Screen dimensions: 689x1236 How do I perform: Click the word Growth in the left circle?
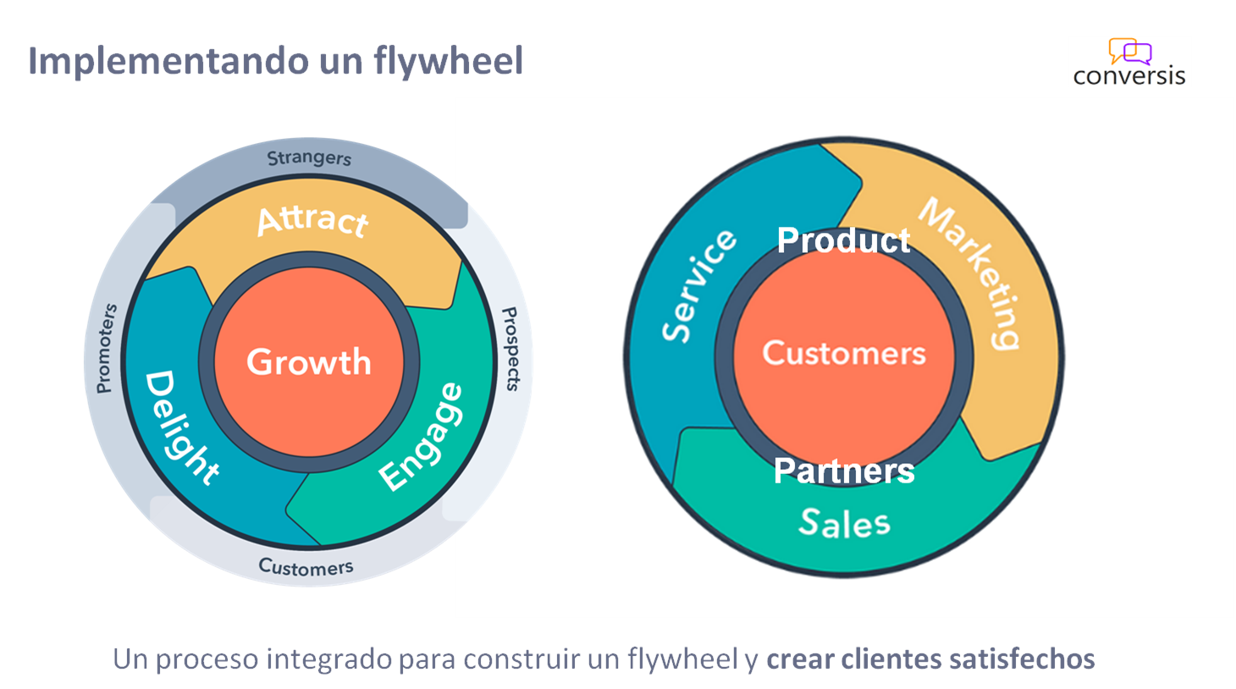click(x=309, y=362)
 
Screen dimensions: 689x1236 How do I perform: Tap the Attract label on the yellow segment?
click(x=312, y=220)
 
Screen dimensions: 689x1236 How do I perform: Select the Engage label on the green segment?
click(x=422, y=437)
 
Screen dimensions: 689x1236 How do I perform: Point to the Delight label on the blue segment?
click(x=180, y=427)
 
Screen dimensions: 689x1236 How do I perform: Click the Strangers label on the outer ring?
click(x=309, y=158)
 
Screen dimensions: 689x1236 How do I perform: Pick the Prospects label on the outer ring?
click(x=510, y=349)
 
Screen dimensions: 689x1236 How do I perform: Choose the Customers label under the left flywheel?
click(x=306, y=566)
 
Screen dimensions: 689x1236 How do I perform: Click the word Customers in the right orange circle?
click(x=844, y=353)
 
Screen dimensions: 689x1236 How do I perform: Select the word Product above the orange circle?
click(x=843, y=240)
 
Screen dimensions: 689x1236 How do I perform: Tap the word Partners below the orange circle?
click(x=844, y=471)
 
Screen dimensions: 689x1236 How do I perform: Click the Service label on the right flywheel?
click(x=698, y=285)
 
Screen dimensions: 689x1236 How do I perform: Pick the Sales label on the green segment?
click(x=844, y=523)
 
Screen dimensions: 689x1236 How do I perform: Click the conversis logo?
click(x=1129, y=62)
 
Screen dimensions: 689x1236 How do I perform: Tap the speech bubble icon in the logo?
click(x=1130, y=52)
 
